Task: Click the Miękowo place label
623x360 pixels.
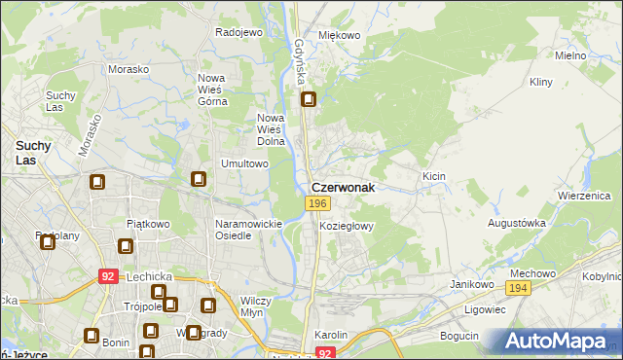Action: pyautogui.click(x=340, y=35)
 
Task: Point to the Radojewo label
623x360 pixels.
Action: pyautogui.click(x=239, y=32)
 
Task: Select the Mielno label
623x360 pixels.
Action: pyautogui.click(x=570, y=55)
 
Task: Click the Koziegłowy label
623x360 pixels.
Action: pyautogui.click(x=347, y=225)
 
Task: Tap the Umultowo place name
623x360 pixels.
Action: pyautogui.click(x=245, y=163)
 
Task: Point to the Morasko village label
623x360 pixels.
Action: pyautogui.click(x=128, y=70)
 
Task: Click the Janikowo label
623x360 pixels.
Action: pyautogui.click(x=468, y=284)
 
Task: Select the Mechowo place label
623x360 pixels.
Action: pyautogui.click(x=531, y=273)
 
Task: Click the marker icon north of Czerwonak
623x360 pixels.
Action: pyautogui.click(x=310, y=99)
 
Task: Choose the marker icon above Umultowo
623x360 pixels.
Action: pyautogui.click(x=199, y=179)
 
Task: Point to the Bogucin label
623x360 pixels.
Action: pyautogui.click(x=459, y=336)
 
